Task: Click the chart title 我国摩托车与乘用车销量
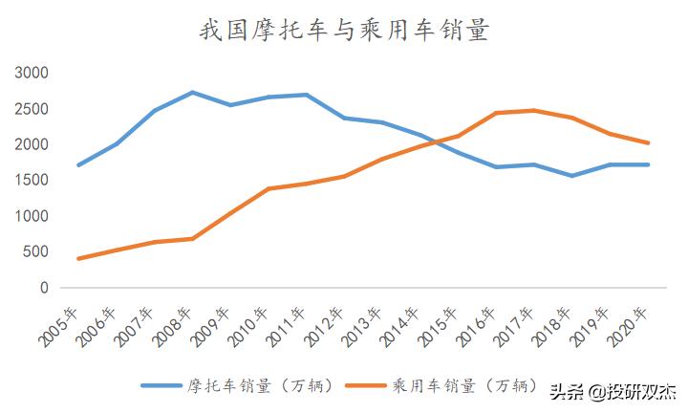coord(344,32)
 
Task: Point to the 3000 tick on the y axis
coord(32,74)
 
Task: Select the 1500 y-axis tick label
coord(32,181)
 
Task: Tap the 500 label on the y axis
coord(36,252)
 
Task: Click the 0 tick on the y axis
coord(44,288)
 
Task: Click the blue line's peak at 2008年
coord(192,93)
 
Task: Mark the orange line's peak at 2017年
coord(534,110)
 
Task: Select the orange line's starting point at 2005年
coord(78,258)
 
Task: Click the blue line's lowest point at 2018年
coord(572,176)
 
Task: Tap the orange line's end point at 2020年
coord(648,143)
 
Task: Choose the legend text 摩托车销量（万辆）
coord(259,385)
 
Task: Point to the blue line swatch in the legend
coord(162,385)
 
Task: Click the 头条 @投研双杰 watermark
coord(612,391)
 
